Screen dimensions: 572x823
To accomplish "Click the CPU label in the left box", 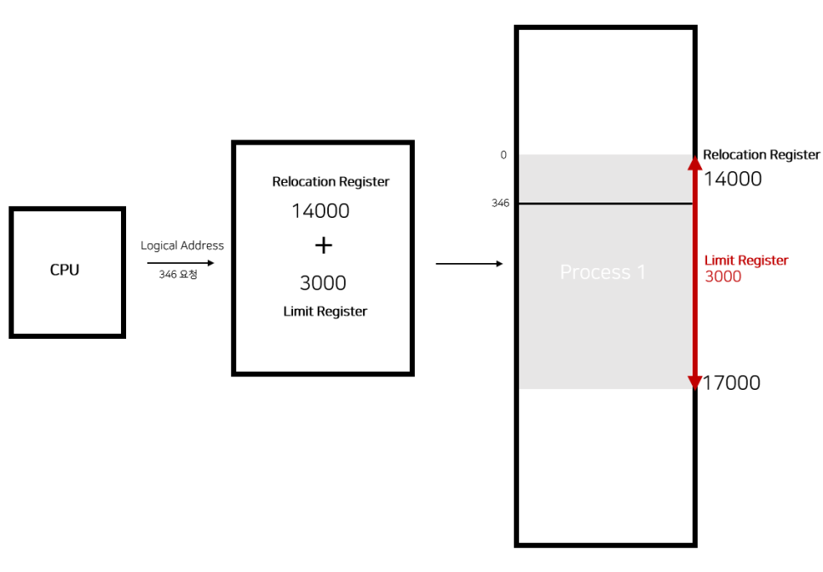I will pyautogui.click(x=65, y=270).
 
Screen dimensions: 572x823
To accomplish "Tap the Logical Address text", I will pyautogui.click(x=182, y=245).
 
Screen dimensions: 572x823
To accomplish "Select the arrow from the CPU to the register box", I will pyautogui.click(x=181, y=263).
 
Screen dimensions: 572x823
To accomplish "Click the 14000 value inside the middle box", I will pyautogui.click(x=320, y=210).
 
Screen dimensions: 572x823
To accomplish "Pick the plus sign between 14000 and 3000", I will pyautogui.click(x=323, y=246).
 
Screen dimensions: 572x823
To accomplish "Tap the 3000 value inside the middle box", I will pyautogui.click(x=323, y=283).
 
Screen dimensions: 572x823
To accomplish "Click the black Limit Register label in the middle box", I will pyautogui.click(x=325, y=312).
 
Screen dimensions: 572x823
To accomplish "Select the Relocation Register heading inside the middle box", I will pyautogui.click(x=331, y=181).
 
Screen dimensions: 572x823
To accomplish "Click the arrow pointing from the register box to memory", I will pyautogui.click(x=469, y=264).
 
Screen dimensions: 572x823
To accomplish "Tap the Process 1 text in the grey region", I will pyautogui.click(x=602, y=272).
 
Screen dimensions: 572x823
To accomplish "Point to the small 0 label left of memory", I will pyautogui.click(x=504, y=155).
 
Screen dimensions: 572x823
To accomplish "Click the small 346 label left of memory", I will pyautogui.click(x=500, y=203).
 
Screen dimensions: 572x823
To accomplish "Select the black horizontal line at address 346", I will pyautogui.click(x=605, y=203).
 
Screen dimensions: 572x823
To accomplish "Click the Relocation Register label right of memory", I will pyautogui.click(x=761, y=155).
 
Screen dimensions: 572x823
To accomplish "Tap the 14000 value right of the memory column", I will pyautogui.click(x=733, y=179).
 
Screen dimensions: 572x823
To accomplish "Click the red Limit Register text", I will pyautogui.click(x=746, y=260).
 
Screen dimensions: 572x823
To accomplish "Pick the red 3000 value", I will pyautogui.click(x=723, y=277).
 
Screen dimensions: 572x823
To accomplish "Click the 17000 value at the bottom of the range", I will pyautogui.click(x=731, y=383).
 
